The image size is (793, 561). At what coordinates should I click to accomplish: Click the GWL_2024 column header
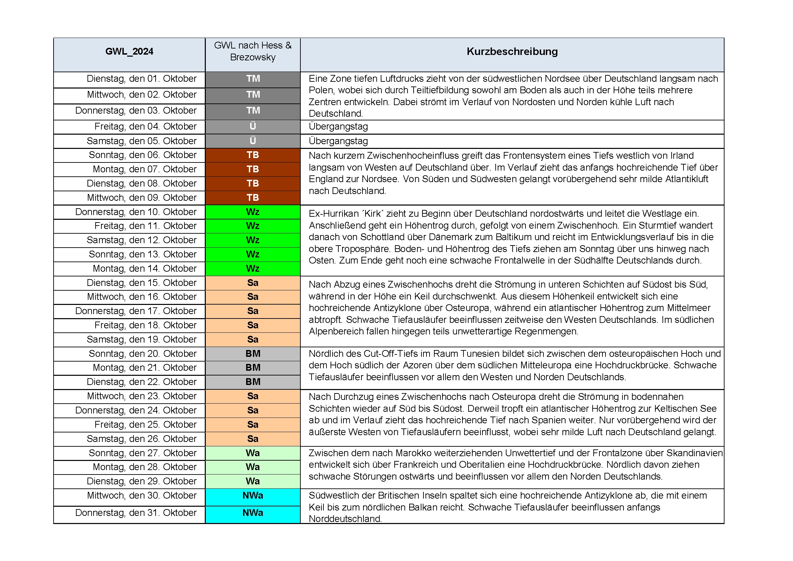click(x=129, y=52)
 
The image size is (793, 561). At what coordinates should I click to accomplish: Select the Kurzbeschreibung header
click(x=512, y=52)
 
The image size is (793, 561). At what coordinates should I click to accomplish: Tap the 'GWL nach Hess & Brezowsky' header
click(x=253, y=51)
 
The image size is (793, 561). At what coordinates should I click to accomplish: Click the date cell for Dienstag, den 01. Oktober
click(x=141, y=79)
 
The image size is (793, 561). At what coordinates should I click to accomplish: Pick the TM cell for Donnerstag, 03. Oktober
click(x=253, y=111)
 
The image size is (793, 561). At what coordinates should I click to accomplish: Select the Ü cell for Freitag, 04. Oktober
click(x=253, y=127)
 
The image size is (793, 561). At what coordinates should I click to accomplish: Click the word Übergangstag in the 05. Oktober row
click(x=338, y=141)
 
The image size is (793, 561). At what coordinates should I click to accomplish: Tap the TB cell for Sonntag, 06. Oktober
click(x=253, y=155)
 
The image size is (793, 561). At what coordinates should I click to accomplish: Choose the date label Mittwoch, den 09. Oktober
click(x=141, y=198)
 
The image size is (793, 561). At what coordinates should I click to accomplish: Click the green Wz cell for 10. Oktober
click(x=253, y=212)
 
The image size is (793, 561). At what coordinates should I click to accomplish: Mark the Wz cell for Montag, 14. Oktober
click(x=253, y=268)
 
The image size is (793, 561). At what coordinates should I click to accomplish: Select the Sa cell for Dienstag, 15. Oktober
click(x=253, y=283)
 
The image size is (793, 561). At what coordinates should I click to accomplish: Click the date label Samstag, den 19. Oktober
click(x=141, y=340)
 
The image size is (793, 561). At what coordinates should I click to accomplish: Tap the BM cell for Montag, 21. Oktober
click(x=253, y=368)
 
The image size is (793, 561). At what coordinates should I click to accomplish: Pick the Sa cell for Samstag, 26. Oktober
click(x=253, y=439)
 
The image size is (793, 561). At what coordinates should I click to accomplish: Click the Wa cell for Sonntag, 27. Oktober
click(x=253, y=453)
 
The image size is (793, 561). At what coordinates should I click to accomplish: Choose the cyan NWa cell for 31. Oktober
click(x=253, y=512)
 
